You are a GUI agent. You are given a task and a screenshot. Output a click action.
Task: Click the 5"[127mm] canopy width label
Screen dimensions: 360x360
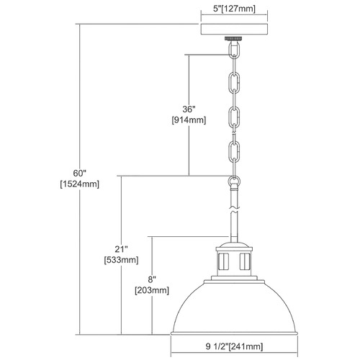pyautogui.click(x=234, y=9)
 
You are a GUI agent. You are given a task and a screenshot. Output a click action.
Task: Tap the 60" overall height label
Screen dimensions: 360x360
pyautogui.click(x=79, y=173)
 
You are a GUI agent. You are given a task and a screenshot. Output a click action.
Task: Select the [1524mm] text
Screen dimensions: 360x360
pyautogui.click(x=79, y=184)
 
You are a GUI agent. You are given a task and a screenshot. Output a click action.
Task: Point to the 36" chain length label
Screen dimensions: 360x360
pyautogui.click(x=189, y=109)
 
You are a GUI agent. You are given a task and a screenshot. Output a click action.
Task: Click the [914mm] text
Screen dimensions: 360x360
pyautogui.click(x=189, y=120)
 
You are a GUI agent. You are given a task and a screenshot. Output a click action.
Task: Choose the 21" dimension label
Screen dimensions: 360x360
pyautogui.click(x=121, y=249)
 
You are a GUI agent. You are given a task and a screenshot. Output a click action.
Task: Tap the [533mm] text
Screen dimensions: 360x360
pyautogui.click(x=121, y=260)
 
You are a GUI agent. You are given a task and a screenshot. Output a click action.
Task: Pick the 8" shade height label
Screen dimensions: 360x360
pyautogui.click(x=152, y=279)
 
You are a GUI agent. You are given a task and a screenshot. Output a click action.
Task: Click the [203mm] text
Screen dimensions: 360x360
pyautogui.click(x=152, y=290)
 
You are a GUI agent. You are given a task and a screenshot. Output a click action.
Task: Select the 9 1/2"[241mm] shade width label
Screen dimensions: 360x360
pyautogui.click(x=234, y=346)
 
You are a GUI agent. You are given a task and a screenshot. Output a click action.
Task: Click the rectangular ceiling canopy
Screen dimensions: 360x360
pyautogui.click(x=234, y=30)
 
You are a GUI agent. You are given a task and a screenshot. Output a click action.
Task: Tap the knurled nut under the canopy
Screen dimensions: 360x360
pyautogui.click(x=234, y=38)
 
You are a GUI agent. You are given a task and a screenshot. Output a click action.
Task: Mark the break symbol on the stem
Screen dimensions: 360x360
pyautogui.click(x=234, y=209)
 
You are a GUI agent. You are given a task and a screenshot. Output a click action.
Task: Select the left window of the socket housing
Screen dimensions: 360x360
pyautogui.click(x=223, y=261)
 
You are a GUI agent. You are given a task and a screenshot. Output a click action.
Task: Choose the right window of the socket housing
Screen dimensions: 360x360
pyautogui.click(x=245, y=261)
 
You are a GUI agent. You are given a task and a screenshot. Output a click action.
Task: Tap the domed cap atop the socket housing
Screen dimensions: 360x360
pyautogui.click(x=234, y=245)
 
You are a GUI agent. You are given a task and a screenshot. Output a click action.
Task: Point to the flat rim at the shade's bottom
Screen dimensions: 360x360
pyautogui.click(x=234, y=334)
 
